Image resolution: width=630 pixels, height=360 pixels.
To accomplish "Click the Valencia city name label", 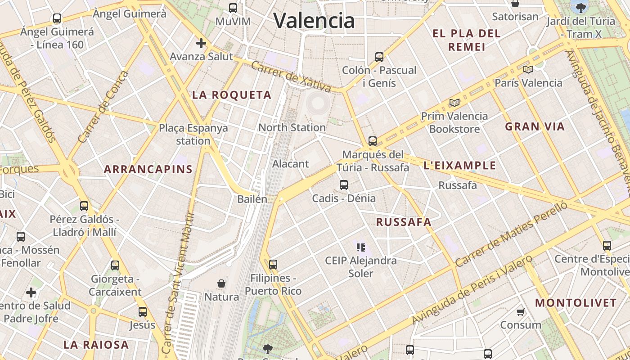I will click(314, 20).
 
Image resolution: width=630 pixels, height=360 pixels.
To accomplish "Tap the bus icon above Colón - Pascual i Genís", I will click(379, 57).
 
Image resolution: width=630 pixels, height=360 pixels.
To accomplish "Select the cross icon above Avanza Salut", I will click(201, 43).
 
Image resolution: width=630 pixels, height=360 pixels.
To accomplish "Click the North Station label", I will click(292, 127).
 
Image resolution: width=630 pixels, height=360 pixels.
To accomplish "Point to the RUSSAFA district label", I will click(404, 222).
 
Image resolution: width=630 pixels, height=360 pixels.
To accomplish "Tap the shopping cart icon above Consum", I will click(521, 312).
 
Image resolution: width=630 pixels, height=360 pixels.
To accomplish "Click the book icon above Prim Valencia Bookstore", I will click(454, 103).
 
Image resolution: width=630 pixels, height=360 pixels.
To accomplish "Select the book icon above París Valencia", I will click(528, 69).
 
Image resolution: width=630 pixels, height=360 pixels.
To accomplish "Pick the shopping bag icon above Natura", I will click(221, 283).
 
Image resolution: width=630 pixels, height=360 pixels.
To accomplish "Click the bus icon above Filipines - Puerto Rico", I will click(273, 265).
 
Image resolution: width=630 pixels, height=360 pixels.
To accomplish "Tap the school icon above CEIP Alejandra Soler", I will click(361, 247).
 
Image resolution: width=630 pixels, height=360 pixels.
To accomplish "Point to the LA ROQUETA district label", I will click(232, 95).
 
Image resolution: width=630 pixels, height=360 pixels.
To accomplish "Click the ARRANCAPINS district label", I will click(148, 169).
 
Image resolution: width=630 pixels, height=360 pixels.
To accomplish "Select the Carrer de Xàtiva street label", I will click(291, 76).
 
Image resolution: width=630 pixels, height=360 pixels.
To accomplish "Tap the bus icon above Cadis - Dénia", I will click(344, 184).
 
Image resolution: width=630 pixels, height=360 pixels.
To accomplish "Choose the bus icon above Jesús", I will click(143, 311).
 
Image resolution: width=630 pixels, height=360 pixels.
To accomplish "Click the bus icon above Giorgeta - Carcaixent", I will click(115, 265).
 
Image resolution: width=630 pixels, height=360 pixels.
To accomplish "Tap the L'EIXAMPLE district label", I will click(459, 166).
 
